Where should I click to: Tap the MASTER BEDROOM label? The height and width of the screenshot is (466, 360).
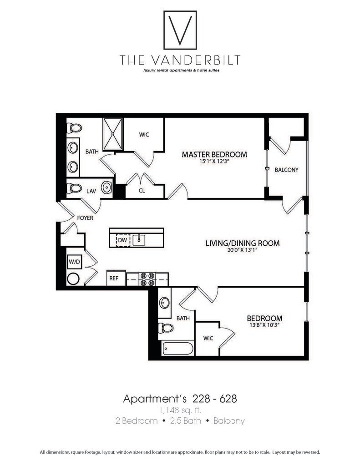(x=214, y=154)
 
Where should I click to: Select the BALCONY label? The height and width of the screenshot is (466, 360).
(x=286, y=170)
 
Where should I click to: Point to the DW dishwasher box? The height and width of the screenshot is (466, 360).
(x=122, y=239)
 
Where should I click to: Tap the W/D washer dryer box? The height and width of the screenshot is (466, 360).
(x=74, y=262)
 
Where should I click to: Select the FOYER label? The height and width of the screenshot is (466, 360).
(x=85, y=218)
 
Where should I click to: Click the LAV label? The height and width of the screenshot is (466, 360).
(x=91, y=192)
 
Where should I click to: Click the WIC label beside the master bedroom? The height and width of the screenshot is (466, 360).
(x=144, y=135)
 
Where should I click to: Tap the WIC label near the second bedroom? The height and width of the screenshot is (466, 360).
(x=208, y=338)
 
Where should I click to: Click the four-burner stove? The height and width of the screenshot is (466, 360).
(x=147, y=279)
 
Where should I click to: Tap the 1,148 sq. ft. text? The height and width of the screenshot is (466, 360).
(x=180, y=410)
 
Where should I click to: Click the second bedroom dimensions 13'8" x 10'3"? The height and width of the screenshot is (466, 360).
(x=264, y=325)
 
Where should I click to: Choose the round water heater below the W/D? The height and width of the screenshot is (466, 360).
(x=74, y=279)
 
